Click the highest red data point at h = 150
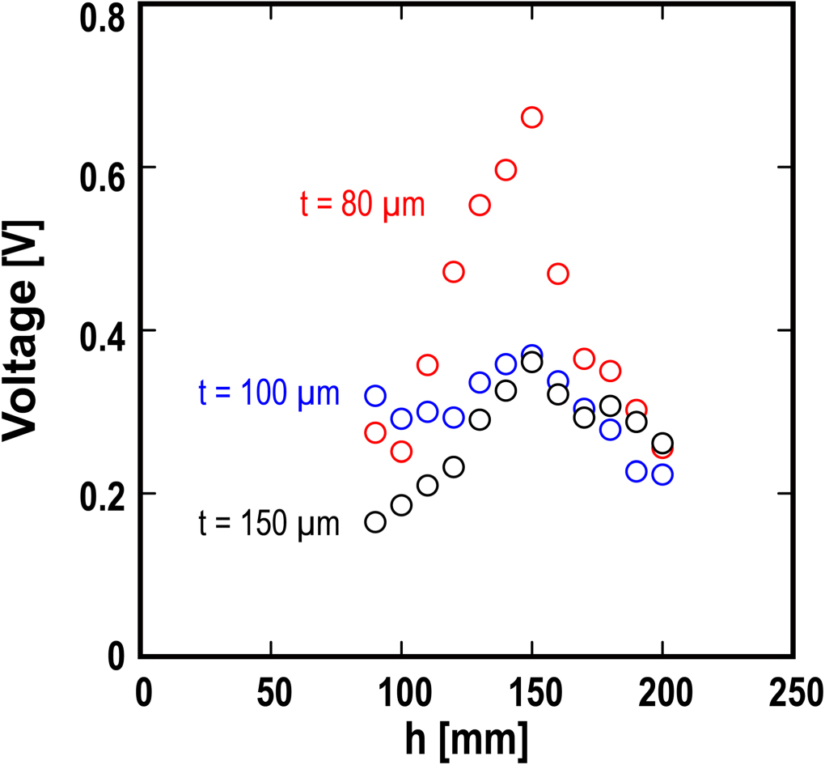[531, 117]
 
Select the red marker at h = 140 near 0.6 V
[506, 170]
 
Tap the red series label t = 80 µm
[362, 205]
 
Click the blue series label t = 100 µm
[269, 393]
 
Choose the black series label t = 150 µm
[269, 524]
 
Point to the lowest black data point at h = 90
[375, 522]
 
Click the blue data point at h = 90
[375, 396]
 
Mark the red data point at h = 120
[454, 271]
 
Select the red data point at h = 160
[558, 274]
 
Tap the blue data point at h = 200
[662, 474]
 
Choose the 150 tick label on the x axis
[531, 694]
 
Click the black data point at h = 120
[454, 467]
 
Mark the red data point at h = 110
[427, 365]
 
